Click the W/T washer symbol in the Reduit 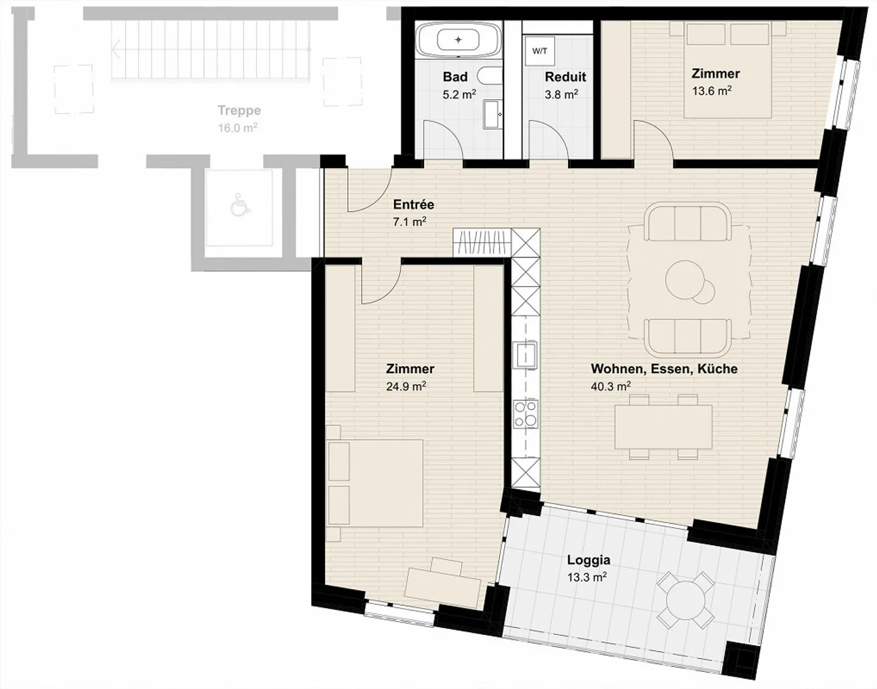coord(540,51)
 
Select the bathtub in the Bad coord(459,40)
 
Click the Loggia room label coord(588,560)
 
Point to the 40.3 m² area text coord(611,386)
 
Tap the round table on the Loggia coord(686,600)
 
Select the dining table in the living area coord(663,427)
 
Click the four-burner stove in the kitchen coord(526,414)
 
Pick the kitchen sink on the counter coord(526,354)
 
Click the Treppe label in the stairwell coord(239,110)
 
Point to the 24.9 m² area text coord(406,386)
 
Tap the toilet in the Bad coord(490,76)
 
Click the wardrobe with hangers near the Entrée coord(482,243)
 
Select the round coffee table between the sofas coord(686,280)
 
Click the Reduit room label coord(565,77)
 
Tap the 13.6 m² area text coord(711,91)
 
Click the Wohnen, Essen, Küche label coord(664,368)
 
